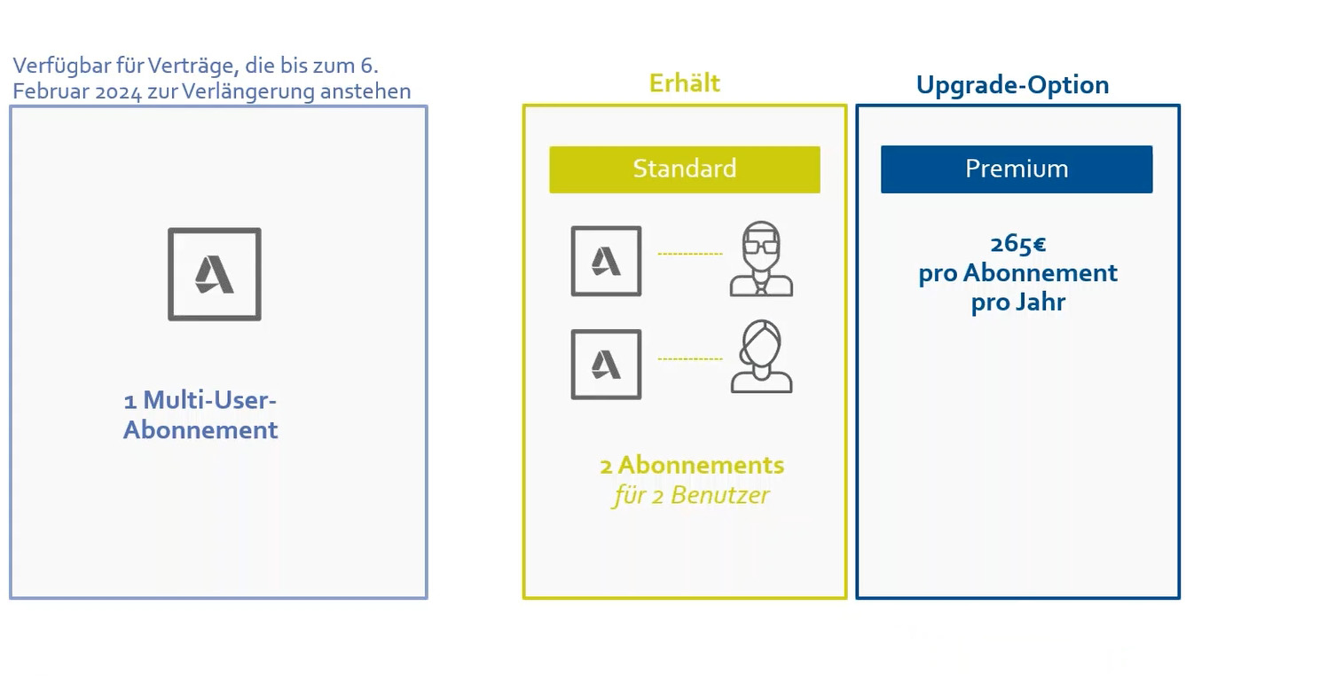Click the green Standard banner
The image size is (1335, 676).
coord(684,169)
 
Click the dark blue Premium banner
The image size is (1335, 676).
coord(1016,169)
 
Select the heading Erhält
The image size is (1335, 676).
coord(684,83)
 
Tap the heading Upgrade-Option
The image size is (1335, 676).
coord(1012,85)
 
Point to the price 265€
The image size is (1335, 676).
coord(1017,244)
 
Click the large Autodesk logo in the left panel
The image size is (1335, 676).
coord(215,274)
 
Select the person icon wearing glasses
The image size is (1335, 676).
coord(761,259)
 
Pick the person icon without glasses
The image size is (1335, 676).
coord(761,358)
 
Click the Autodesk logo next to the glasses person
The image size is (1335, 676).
coord(606,262)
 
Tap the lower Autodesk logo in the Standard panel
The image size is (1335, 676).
coord(606,365)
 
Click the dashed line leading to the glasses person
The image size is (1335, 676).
coord(689,255)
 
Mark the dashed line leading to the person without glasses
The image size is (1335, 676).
coord(689,359)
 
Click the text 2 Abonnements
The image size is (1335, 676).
coord(692,465)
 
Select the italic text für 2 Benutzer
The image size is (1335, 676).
coord(691,495)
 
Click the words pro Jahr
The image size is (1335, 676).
coord(1017,303)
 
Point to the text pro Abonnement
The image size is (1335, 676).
coord(1017,273)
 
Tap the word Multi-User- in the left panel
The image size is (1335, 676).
coord(209,400)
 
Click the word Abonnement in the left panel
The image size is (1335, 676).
coord(200,430)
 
